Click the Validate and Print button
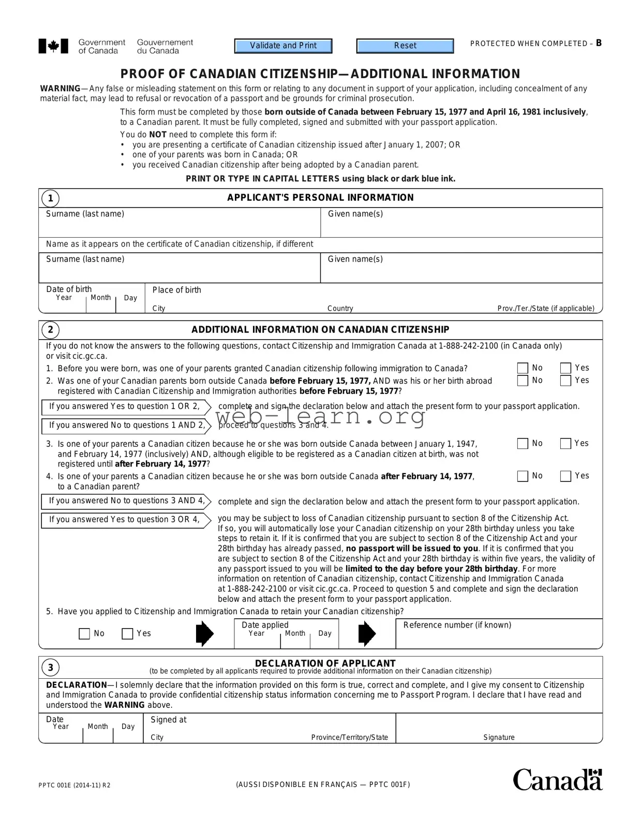283,46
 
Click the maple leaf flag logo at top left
53,47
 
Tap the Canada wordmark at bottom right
557,780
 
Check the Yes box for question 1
565,368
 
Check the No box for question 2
523,381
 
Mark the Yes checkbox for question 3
565,444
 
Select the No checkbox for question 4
523,476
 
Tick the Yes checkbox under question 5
127,634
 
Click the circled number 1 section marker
50,198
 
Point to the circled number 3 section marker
50,667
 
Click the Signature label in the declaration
499,737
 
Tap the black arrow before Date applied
205,633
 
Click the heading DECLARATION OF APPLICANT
325,663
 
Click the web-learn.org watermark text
320,416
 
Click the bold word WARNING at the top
60,89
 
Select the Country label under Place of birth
340,309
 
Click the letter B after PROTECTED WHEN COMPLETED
599,43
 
